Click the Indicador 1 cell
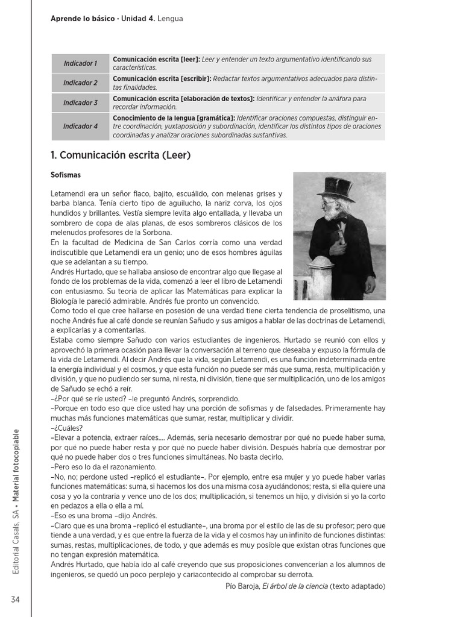(x=80, y=63)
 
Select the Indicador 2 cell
(x=80, y=83)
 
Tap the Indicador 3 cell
(x=80, y=103)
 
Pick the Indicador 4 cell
(x=80, y=127)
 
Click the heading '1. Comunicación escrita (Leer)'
(x=121, y=155)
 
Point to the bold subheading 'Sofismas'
(x=66, y=175)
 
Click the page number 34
(x=15, y=598)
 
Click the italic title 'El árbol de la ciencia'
(x=295, y=586)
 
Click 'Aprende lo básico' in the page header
(x=83, y=19)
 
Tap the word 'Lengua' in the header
(x=170, y=19)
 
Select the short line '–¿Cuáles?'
(x=66, y=428)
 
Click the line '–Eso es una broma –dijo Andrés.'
(x=104, y=515)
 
